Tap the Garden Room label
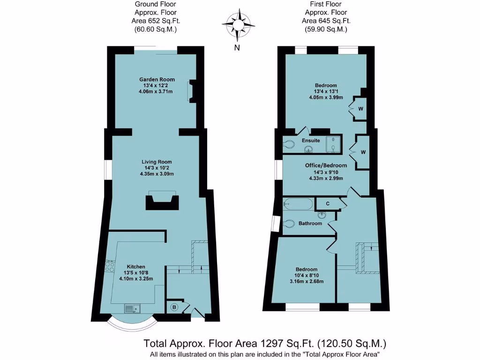(x=157, y=79)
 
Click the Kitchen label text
(x=129, y=266)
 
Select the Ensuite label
(x=311, y=141)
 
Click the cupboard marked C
(x=328, y=204)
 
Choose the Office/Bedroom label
(x=326, y=165)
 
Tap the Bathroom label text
(x=310, y=224)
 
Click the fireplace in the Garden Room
(x=191, y=91)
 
